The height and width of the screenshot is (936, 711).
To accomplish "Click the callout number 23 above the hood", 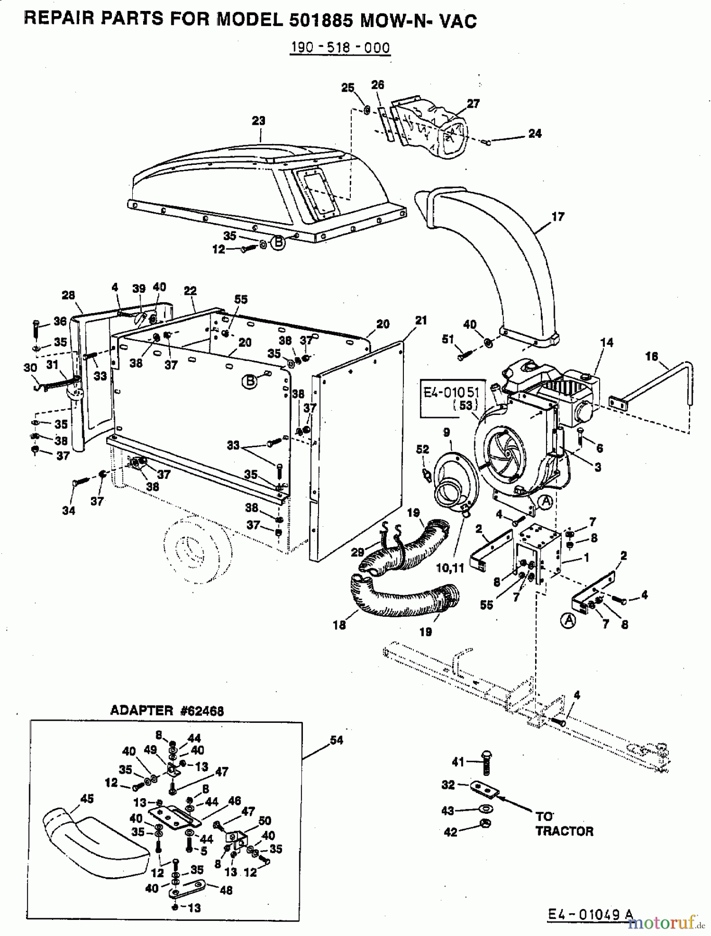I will tap(258, 121).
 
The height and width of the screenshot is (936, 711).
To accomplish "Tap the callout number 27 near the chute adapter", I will tap(473, 103).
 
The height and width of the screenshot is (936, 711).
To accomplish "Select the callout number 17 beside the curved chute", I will tap(557, 216).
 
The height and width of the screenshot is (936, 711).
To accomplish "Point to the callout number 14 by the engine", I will tap(606, 343).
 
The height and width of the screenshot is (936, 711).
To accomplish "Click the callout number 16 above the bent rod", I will tap(651, 357).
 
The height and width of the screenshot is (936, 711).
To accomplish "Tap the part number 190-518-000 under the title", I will tap(340, 48).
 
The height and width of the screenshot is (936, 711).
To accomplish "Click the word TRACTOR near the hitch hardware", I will tap(564, 831).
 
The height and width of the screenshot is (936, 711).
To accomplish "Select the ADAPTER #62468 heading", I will tap(167, 711).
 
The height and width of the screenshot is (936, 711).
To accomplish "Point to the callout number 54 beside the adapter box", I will tap(337, 740).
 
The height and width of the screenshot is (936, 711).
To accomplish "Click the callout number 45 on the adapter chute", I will tap(86, 798).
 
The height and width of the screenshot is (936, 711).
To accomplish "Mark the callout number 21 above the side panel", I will tap(421, 321).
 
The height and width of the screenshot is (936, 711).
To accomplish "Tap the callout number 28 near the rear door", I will tap(68, 295).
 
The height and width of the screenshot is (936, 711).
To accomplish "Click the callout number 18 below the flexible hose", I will tap(339, 625).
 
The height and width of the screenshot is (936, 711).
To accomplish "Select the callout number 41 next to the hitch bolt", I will tap(458, 762).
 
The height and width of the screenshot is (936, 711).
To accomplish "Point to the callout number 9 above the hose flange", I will tap(447, 432).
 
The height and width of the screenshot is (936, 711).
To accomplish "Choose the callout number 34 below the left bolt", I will tap(69, 511).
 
